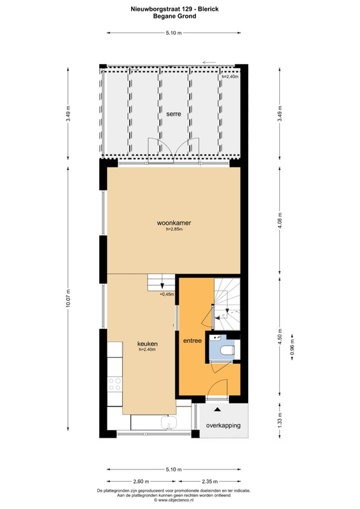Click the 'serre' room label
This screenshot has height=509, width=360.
pyautogui.click(x=174, y=114)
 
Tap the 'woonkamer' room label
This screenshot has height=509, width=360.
pyautogui.click(x=174, y=223)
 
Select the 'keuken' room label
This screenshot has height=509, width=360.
pyautogui.click(x=148, y=344)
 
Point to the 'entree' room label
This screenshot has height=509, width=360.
pyautogui.click(x=193, y=341)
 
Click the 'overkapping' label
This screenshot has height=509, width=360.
pyautogui.click(x=223, y=425)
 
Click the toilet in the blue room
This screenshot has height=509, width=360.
pyautogui.click(x=227, y=351)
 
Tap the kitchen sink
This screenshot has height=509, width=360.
pyautogui.click(x=169, y=422)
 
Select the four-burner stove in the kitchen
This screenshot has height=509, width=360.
pyautogui.click(x=115, y=384)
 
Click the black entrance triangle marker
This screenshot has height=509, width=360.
pyautogui.click(x=217, y=410)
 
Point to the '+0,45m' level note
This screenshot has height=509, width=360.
pyautogui.click(x=167, y=295)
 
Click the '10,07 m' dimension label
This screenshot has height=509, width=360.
pyautogui.click(x=67, y=298)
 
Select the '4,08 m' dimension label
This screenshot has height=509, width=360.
pyautogui.click(x=280, y=221)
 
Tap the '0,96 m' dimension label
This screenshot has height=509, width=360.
pyautogui.click(x=292, y=347)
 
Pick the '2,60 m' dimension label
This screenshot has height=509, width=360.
pyautogui.click(x=141, y=482)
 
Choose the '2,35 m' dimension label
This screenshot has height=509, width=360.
pyautogui.click(x=209, y=482)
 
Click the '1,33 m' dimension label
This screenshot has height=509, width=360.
pyautogui.click(x=280, y=420)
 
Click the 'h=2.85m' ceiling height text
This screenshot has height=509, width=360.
pyautogui.click(x=174, y=229)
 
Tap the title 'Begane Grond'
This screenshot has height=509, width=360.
pyautogui.click(x=175, y=16)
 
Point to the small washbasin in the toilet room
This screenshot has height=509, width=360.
pyautogui.click(x=214, y=338)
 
